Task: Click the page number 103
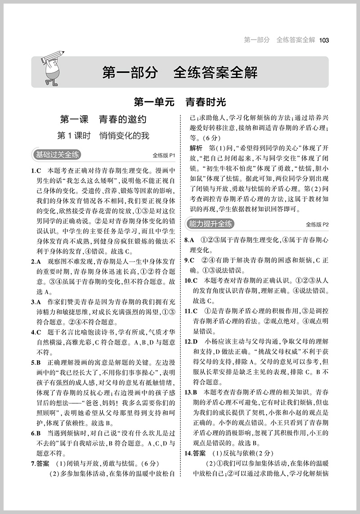tap(324, 40)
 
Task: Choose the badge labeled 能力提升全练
tap(210, 223)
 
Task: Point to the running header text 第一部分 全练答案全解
tap(279, 40)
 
